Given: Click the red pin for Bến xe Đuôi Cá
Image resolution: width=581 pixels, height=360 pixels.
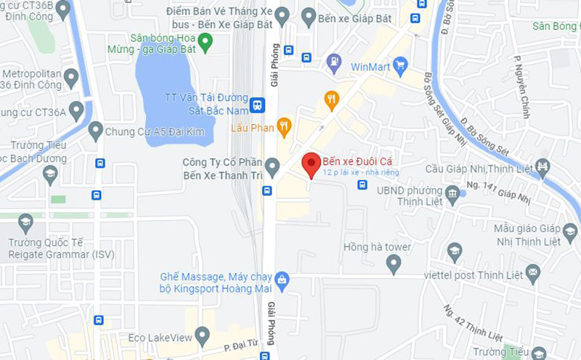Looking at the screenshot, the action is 312,165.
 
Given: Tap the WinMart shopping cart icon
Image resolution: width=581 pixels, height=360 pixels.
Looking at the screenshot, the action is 399,66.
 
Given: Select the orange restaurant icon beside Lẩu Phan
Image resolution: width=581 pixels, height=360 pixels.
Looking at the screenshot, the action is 284,127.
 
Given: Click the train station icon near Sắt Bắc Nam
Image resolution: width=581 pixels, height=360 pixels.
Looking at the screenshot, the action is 256,105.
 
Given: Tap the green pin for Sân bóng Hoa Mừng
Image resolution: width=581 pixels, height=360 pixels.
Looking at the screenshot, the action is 206,43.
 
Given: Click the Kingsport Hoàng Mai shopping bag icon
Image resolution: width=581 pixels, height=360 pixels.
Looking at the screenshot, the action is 282,279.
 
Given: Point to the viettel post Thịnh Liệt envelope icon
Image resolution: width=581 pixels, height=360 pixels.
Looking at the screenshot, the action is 534,273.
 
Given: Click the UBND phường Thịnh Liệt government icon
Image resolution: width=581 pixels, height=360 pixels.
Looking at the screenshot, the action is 453,193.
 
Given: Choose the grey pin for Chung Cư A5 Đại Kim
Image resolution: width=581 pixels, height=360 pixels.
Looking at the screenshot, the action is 95,131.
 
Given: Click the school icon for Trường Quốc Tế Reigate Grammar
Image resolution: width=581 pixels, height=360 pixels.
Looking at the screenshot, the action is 25,222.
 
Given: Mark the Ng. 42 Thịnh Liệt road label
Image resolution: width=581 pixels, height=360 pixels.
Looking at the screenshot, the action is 473,324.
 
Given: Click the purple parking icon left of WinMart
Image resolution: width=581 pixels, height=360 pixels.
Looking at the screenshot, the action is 334,62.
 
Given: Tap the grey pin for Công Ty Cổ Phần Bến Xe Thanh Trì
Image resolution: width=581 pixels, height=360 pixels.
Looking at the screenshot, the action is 272,167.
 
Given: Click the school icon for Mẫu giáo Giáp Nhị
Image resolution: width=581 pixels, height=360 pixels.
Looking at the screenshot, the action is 570,233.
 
